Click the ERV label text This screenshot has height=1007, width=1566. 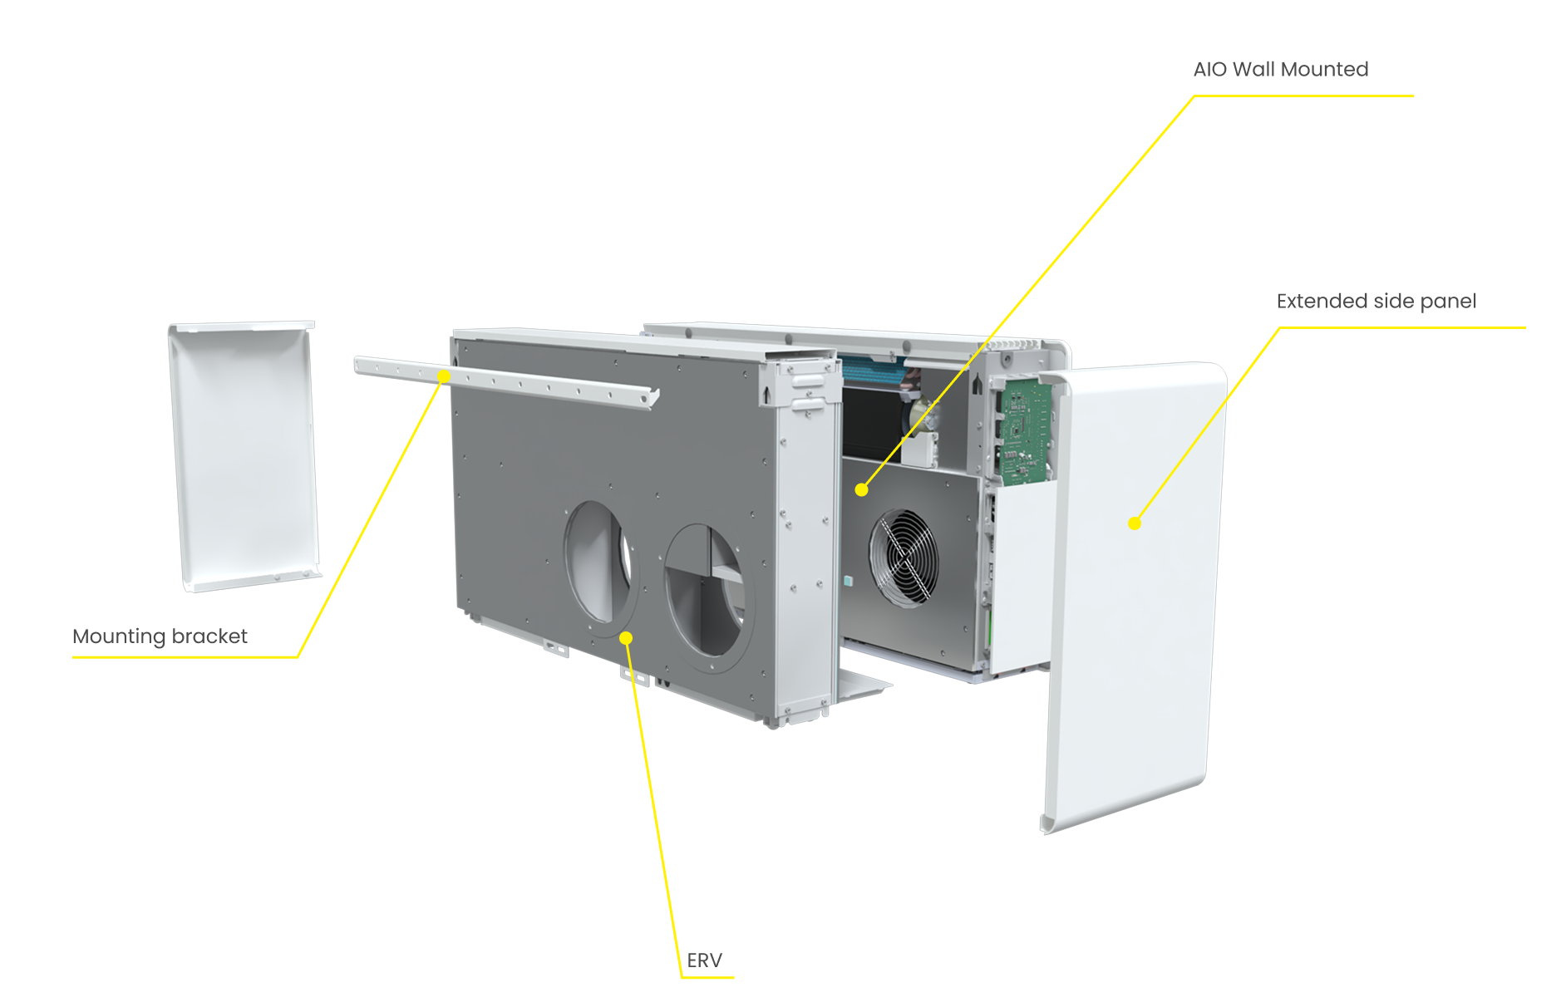coord(704,960)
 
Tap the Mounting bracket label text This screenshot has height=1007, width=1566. coord(160,636)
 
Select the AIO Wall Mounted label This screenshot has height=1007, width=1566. coord(1281,69)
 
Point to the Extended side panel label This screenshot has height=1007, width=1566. coord(1376,301)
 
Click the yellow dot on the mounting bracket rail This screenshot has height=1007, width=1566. coord(444,376)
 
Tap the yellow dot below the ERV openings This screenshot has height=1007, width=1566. coord(626,638)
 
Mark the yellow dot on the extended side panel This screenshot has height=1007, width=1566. coord(1135,523)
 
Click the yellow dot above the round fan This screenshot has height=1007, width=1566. coord(861,490)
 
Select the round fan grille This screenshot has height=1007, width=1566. coord(904,557)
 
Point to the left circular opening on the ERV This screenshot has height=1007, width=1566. coord(599,562)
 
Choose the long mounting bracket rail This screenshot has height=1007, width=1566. coord(506,382)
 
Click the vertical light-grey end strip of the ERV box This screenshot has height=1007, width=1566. coord(805,548)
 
